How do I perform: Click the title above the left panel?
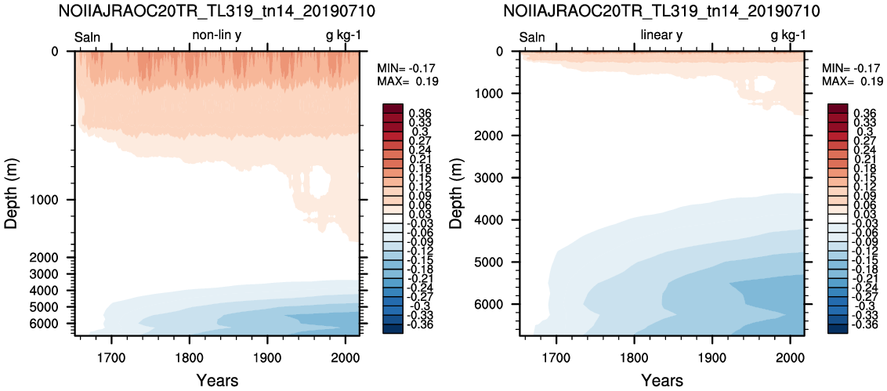[x=217, y=10]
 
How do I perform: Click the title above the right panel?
[x=662, y=10]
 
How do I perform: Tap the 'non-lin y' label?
[x=220, y=35]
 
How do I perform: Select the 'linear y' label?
[x=661, y=35]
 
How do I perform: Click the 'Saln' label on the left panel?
[x=88, y=38]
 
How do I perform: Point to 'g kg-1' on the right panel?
[x=788, y=36]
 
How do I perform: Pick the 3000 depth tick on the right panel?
[x=499, y=178]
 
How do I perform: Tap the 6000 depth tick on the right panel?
[x=499, y=305]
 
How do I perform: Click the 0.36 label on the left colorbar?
[x=419, y=113]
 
